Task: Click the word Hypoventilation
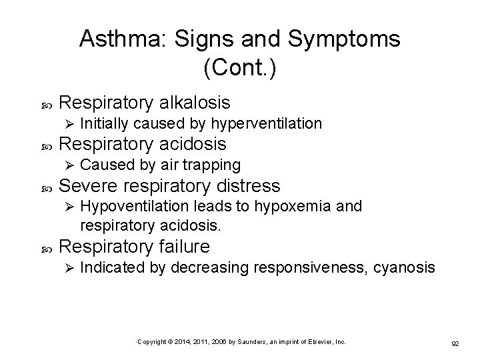139,206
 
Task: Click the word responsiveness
306,268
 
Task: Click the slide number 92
455,343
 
